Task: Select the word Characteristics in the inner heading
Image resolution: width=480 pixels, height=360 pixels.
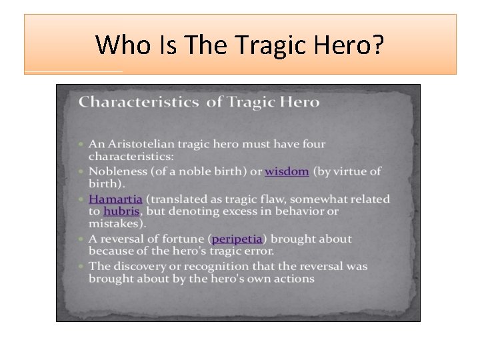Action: [138, 102]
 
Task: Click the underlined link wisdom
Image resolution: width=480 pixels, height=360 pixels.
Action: [287, 171]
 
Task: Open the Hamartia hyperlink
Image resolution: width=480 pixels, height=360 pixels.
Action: [115, 199]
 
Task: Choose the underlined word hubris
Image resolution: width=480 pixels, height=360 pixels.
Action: [121, 211]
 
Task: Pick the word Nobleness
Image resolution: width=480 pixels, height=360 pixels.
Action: [116, 171]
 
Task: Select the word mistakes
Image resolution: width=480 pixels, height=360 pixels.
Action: [115, 223]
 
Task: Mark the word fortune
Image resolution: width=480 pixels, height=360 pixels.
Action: [181, 239]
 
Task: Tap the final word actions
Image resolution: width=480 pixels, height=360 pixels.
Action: [291, 278]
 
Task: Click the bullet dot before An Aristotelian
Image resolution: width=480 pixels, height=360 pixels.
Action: [81, 144]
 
